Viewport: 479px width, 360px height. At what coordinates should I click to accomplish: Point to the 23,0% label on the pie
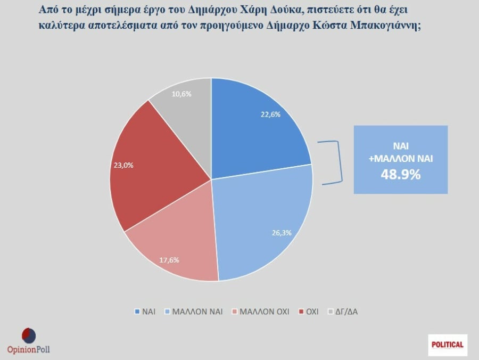(123, 165)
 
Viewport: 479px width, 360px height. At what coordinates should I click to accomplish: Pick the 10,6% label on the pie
(181, 94)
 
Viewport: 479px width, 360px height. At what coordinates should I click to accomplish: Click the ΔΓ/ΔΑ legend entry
(343, 312)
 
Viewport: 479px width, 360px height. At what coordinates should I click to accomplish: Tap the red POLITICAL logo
(448, 345)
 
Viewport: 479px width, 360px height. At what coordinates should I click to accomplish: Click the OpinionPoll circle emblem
(28, 336)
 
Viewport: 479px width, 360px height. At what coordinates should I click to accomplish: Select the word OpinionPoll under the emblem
(29, 349)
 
